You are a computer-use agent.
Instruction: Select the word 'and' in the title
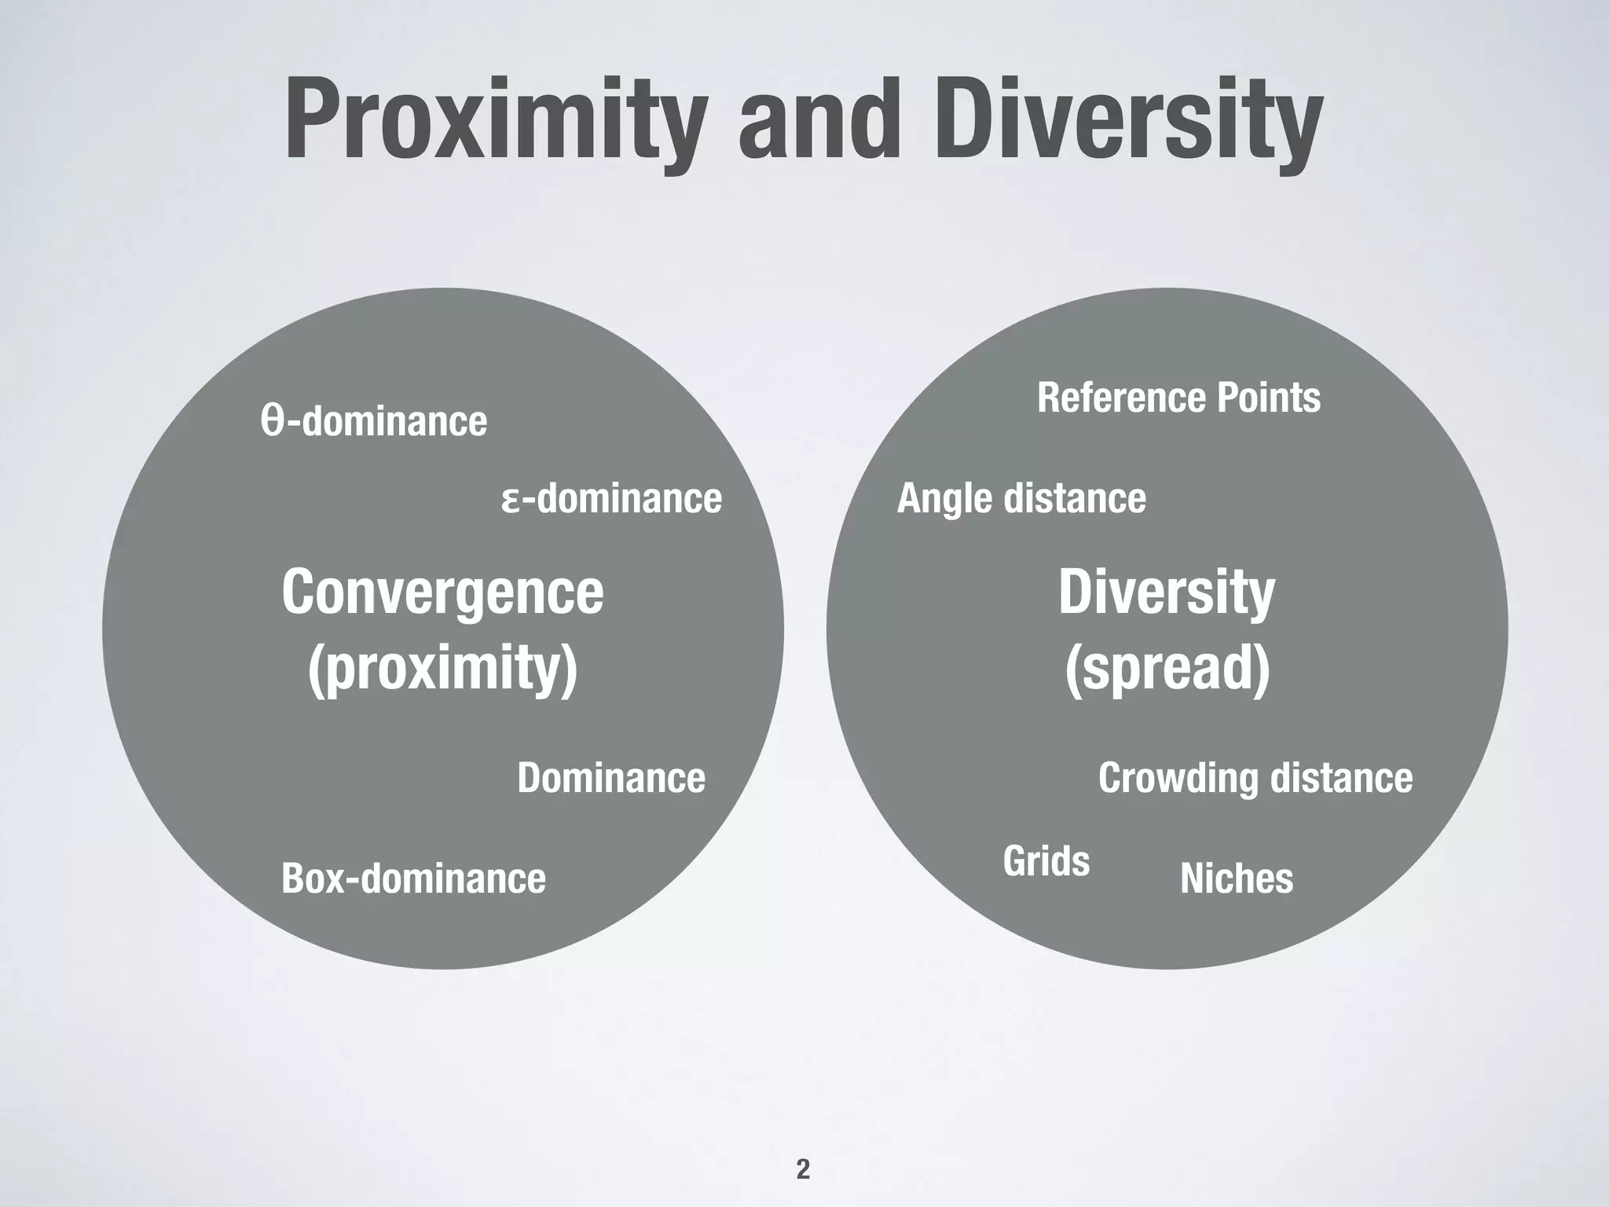(x=817, y=119)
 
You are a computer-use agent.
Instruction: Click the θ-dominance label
(x=374, y=421)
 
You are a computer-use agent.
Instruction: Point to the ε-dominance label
(x=612, y=498)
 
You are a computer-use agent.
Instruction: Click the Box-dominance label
(x=413, y=878)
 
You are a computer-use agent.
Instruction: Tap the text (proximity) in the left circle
(x=443, y=668)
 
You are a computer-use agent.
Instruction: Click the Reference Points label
(x=1178, y=397)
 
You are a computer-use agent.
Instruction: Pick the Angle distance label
(x=1021, y=498)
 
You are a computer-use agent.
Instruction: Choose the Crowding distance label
(x=1255, y=778)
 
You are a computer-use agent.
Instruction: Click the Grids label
(x=1046, y=861)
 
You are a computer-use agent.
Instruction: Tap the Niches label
(x=1237, y=878)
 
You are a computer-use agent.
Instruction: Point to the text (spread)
(x=1167, y=668)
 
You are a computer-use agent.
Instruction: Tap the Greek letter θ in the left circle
(x=272, y=421)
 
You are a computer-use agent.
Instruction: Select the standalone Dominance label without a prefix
(x=611, y=778)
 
